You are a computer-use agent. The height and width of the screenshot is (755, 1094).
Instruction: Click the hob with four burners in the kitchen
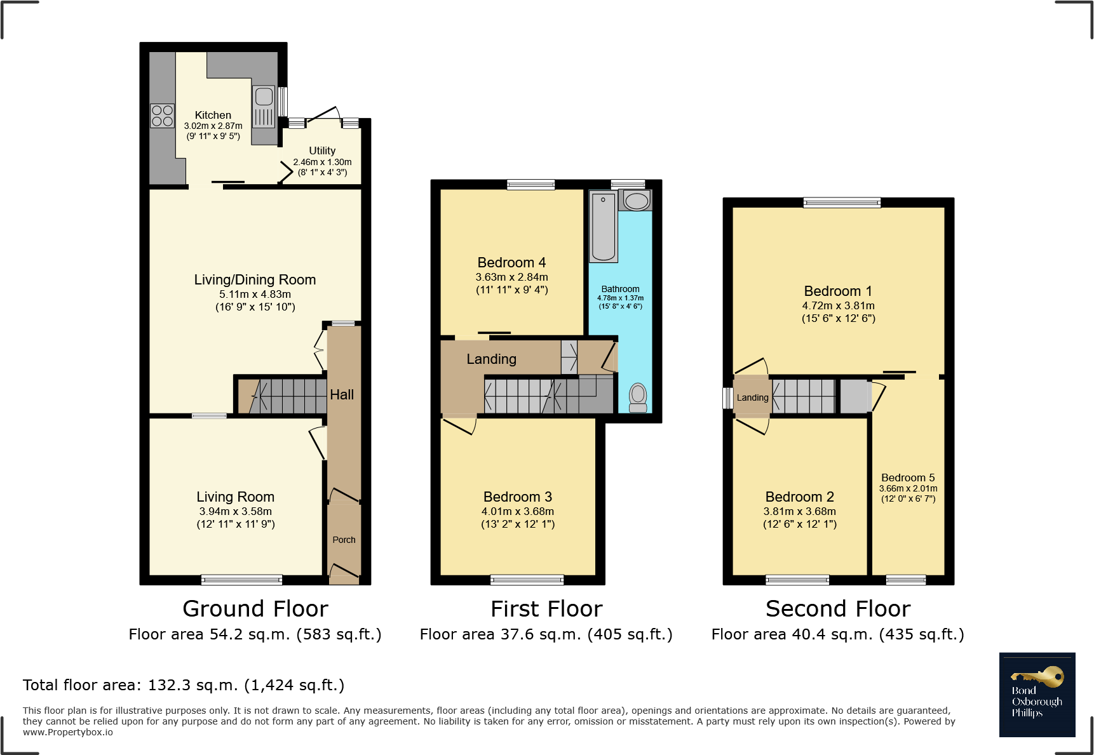(x=162, y=116)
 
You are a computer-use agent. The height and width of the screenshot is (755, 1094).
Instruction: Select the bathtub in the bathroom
(x=603, y=227)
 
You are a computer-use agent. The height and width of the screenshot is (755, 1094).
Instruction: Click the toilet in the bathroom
(x=638, y=398)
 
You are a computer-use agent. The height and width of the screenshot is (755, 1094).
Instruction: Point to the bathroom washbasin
(x=636, y=201)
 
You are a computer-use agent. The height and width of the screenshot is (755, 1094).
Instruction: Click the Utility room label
(x=322, y=150)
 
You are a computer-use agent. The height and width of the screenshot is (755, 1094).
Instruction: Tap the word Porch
(x=344, y=540)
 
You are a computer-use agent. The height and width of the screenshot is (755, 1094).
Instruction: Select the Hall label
(x=342, y=394)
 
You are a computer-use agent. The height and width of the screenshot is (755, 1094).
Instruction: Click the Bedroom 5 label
(x=907, y=478)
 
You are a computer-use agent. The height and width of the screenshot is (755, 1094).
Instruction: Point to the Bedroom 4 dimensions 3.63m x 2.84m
(x=511, y=277)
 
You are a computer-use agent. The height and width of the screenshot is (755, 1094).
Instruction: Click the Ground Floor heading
(x=255, y=608)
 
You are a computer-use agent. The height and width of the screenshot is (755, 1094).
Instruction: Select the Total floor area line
(x=184, y=685)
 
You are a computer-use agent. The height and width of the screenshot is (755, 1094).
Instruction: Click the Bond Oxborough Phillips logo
(x=1037, y=695)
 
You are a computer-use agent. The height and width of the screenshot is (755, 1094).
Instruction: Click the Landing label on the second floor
(x=752, y=398)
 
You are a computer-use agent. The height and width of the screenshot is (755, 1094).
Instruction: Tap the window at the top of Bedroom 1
(x=842, y=203)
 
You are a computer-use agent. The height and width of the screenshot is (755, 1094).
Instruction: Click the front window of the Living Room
(x=241, y=579)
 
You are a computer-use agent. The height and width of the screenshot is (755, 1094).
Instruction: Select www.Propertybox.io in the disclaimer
(x=68, y=732)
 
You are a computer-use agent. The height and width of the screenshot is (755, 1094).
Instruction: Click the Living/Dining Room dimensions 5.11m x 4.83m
(x=255, y=294)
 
